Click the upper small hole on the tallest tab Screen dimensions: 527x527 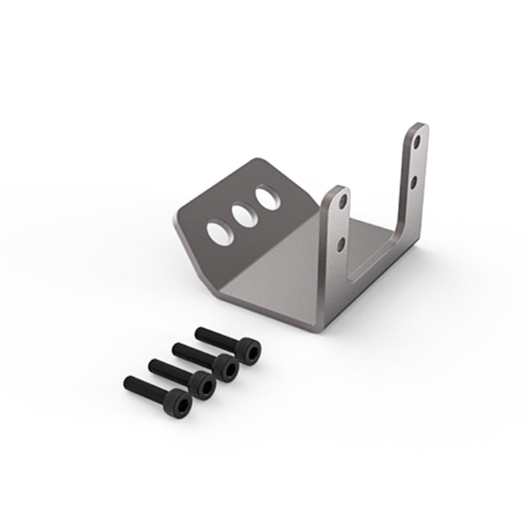click(419, 140)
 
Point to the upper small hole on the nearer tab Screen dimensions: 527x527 click(342, 201)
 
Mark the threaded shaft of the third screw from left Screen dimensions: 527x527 click(192, 352)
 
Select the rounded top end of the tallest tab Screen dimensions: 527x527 click(419, 128)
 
